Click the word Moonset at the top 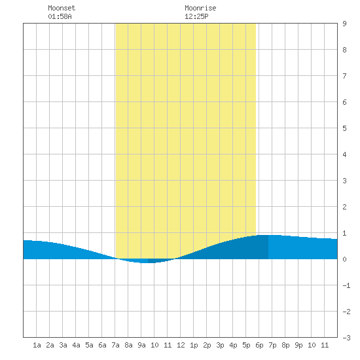tap(62, 8)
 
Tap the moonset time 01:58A tap(60, 16)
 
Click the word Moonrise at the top tap(200, 8)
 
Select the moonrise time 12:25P tap(196, 16)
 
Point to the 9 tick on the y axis tap(344, 24)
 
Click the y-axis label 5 tap(344, 128)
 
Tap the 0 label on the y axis tap(344, 259)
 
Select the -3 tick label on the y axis tap(346, 338)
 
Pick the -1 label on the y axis tap(346, 285)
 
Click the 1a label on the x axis tap(37, 345)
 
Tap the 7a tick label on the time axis tap(115, 345)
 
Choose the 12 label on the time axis tap(181, 345)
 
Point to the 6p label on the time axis tap(259, 345)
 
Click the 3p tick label tap(220, 345)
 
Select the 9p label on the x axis tap(298, 345)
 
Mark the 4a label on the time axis tap(76, 345)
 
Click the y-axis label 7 tap(344, 76)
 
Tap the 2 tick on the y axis tap(344, 207)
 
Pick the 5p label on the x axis tap(246, 345)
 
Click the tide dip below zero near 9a tap(147, 261)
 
